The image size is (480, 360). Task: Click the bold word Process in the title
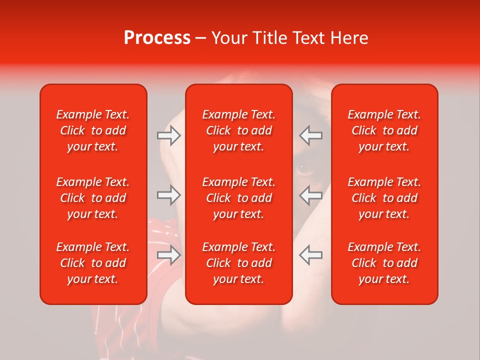(157, 38)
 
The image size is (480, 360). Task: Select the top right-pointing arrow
(168, 135)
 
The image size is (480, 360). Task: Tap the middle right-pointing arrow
(168, 195)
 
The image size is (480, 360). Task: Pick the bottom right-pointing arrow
(168, 255)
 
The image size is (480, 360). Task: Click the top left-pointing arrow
(311, 135)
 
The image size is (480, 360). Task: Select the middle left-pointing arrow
(311, 195)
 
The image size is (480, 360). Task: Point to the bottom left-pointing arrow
(311, 255)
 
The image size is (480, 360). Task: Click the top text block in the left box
(93, 130)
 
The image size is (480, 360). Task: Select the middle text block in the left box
(93, 198)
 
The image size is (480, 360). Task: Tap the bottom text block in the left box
(93, 263)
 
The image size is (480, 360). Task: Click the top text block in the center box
(238, 130)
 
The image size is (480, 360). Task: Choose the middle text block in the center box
(238, 198)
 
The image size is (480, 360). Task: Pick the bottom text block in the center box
(238, 263)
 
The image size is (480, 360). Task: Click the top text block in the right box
(384, 130)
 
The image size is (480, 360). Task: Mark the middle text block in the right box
(384, 198)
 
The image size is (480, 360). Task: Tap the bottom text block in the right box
(384, 263)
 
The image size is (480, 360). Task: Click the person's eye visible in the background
(304, 168)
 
